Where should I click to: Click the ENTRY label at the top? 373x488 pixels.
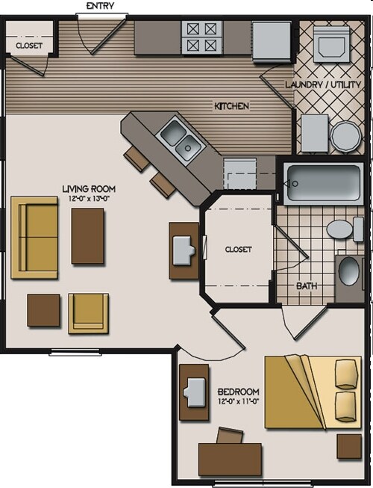click(101, 6)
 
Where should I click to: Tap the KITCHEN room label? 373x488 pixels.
click(231, 106)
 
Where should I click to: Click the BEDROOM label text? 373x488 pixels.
click(238, 392)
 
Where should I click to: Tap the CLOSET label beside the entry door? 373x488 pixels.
click(28, 46)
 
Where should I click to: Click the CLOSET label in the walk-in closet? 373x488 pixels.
click(238, 249)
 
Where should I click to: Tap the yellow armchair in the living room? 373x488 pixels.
click(88, 312)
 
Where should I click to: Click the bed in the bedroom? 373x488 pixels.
click(313, 392)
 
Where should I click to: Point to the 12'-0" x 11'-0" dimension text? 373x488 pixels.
click(238, 402)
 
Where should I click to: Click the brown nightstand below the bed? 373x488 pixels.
click(348, 445)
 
